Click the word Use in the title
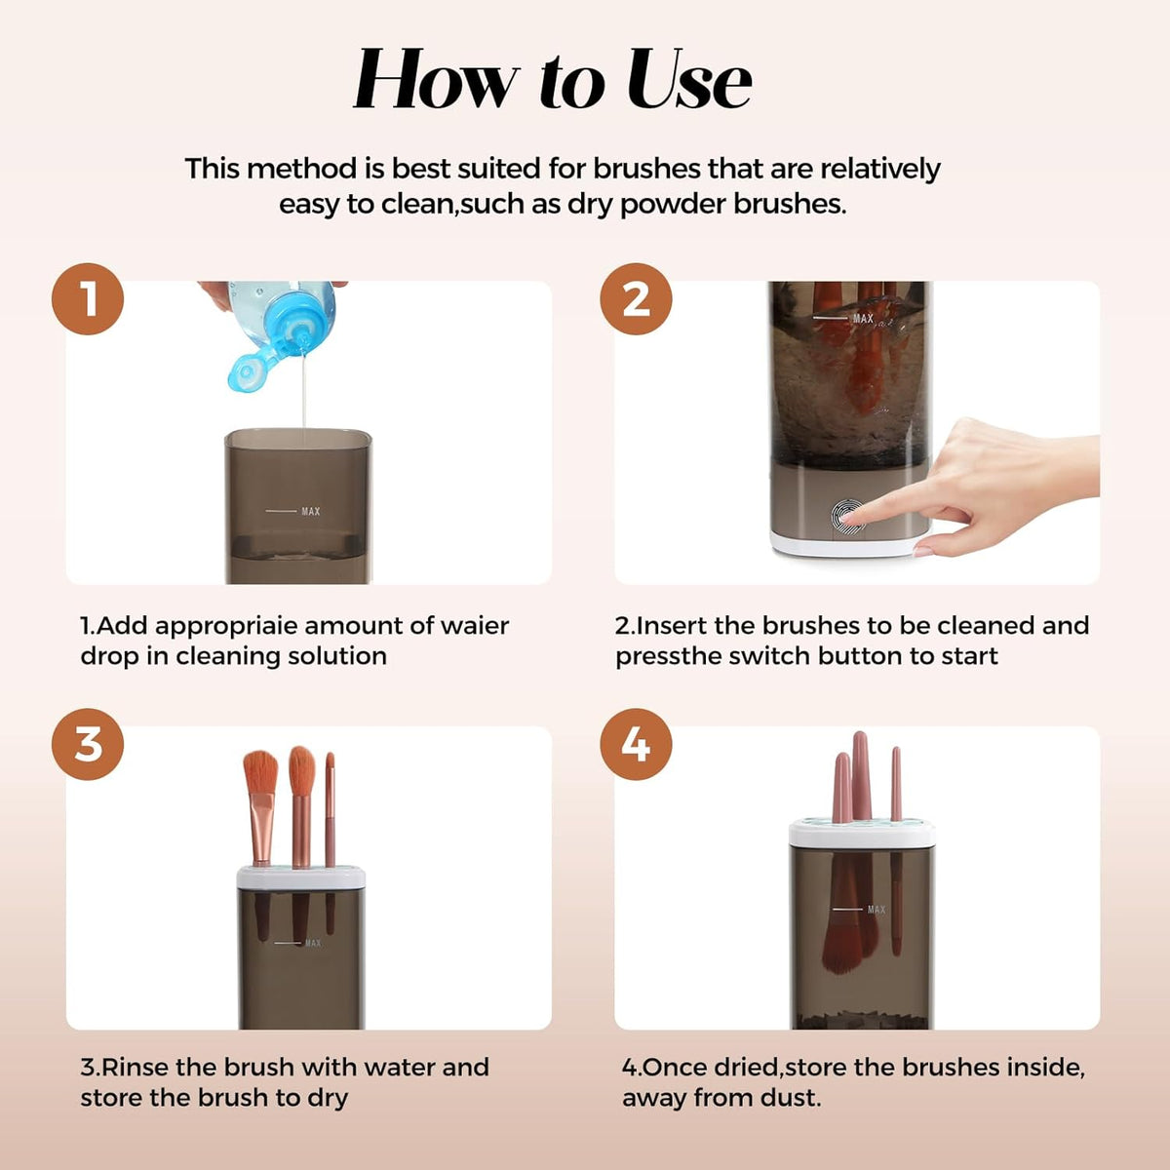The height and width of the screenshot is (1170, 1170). (x=689, y=79)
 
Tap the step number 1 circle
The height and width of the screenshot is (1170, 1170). (x=88, y=298)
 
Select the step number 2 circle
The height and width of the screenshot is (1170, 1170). (x=636, y=298)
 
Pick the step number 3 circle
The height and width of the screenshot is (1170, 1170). (x=88, y=744)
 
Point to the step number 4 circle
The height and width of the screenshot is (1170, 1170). (x=636, y=744)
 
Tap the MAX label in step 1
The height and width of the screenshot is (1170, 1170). (x=311, y=511)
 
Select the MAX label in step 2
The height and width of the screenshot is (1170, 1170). (x=863, y=318)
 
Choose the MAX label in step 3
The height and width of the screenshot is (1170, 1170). (x=313, y=943)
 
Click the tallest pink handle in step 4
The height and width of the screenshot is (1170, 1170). (x=860, y=775)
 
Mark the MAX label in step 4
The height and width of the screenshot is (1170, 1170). (x=877, y=909)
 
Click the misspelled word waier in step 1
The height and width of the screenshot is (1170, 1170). (x=475, y=625)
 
